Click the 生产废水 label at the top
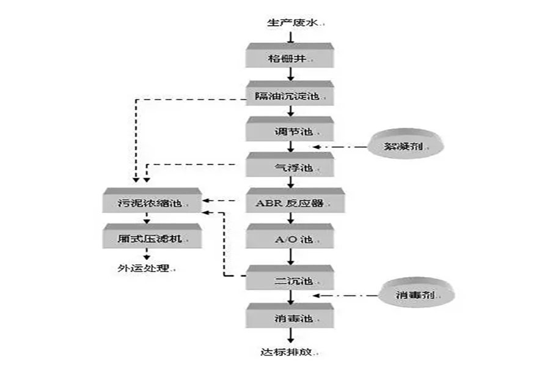pos(291,23)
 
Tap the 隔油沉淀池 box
pos(291,95)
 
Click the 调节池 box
pos(291,130)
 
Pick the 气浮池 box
pos(291,166)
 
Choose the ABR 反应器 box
pos(291,202)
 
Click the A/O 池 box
pos(291,238)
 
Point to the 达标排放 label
pos(291,352)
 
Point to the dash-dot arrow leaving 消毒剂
pos(345,295)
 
